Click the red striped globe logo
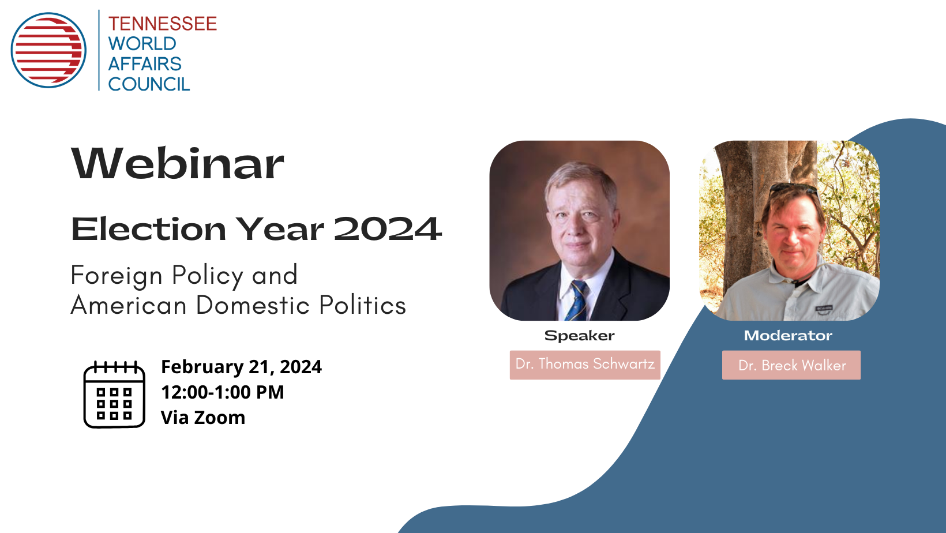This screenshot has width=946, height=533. [48, 50]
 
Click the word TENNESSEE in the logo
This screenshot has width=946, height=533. [163, 24]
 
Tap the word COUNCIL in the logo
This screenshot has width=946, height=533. [149, 84]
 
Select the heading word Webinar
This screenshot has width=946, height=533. [178, 163]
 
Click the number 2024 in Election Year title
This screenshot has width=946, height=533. [388, 229]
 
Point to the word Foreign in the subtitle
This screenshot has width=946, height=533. [117, 276]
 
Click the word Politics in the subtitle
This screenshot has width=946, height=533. [362, 305]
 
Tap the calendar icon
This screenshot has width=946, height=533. [114, 394]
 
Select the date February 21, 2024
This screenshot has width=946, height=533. [241, 367]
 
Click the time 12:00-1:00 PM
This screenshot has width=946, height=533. [223, 392]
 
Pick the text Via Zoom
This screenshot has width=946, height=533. [203, 417]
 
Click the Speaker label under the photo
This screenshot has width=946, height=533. [579, 335]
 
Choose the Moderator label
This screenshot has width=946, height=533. [788, 335]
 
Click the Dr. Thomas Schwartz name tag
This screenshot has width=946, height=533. [585, 365]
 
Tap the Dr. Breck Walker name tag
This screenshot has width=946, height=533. [791, 365]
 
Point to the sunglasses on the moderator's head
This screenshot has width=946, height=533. [793, 189]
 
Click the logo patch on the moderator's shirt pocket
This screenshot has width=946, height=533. [824, 309]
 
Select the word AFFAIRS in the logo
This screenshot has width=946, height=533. [145, 64]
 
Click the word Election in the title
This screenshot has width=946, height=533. [148, 229]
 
